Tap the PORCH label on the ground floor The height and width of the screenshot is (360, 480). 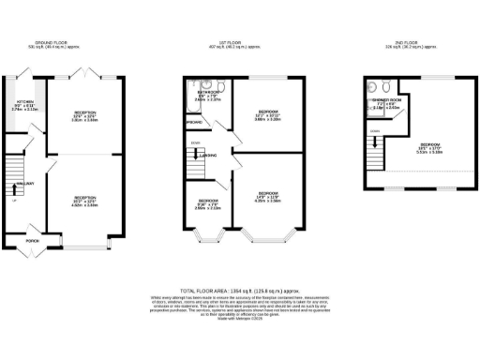tap(33, 240)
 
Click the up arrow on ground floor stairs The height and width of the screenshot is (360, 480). tap(14, 200)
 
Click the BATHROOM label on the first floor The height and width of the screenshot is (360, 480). tap(209, 92)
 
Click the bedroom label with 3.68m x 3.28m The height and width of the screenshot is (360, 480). tap(269, 114)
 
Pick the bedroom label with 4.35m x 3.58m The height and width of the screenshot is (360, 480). tap(269, 195)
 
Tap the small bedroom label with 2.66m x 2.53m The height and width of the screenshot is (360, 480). tap(208, 204)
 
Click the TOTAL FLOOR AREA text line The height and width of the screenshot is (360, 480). tap(239, 292)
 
